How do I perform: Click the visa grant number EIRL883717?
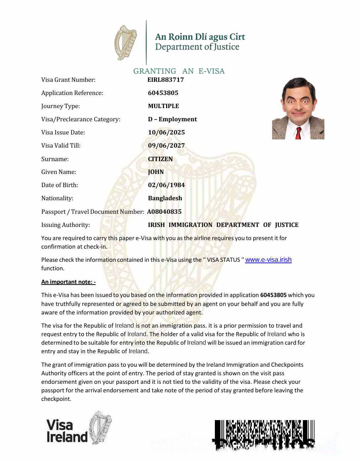pos(165,80)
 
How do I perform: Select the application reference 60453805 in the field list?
pos(163,93)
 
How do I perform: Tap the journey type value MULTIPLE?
pos(163,106)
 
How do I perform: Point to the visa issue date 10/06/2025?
pos(166,132)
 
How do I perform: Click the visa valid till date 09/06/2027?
pos(166,145)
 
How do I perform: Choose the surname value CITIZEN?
pos(160,159)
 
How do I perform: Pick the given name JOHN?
pos(156,172)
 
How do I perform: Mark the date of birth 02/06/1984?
pos(166,185)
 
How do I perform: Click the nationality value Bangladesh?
pos(165,198)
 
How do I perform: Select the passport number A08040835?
pos(164,212)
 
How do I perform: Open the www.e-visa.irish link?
pos(268,260)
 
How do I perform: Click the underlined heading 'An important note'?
pos(68,282)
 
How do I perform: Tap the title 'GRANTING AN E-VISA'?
pos(179,71)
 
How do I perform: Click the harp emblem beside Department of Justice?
pos(126,43)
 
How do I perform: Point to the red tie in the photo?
pos(298,133)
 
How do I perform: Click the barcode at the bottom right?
pos(264,435)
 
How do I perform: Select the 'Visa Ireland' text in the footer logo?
pos(67,431)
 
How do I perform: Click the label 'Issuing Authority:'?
pos(65,225)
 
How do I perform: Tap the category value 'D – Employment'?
pos(172,119)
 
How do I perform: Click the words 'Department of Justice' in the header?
pos(197,47)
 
